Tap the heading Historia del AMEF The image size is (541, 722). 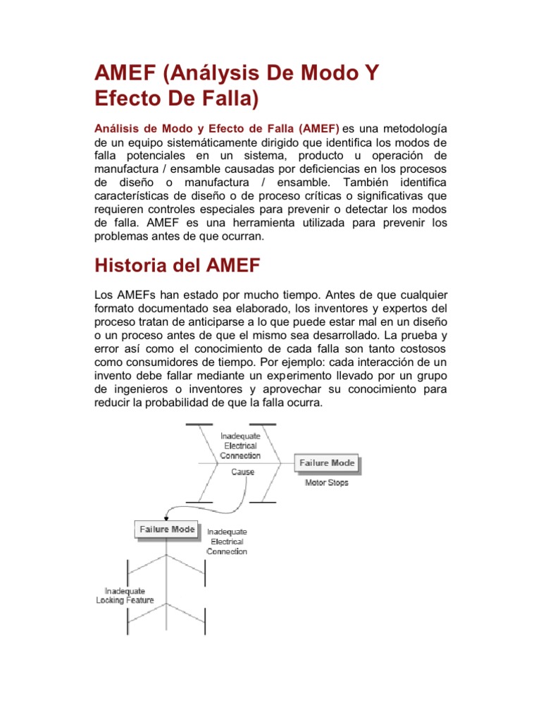(x=177, y=266)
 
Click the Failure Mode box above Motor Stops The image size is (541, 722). (x=327, y=463)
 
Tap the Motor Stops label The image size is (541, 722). (x=326, y=483)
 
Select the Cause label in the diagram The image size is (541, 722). (x=242, y=472)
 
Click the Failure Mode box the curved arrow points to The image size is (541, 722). (x=167, y=530)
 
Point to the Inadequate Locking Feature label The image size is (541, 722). (x=125, y=595)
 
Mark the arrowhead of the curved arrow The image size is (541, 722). (x=167, y=518)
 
